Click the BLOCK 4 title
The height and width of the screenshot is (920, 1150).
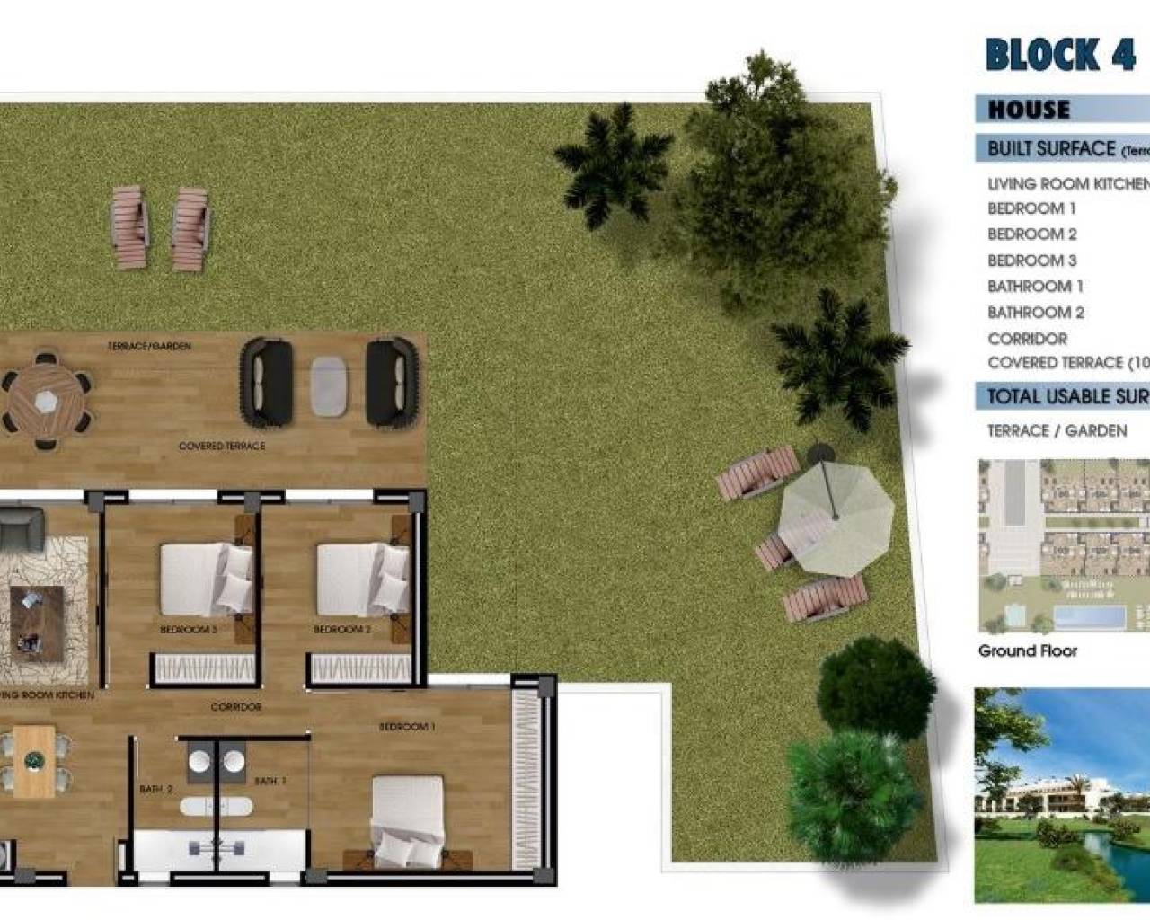(x=1060, y=54)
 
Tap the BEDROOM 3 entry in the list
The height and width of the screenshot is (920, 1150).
(x=1031, y=261)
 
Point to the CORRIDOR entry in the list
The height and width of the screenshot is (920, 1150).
(x=1027, y=339)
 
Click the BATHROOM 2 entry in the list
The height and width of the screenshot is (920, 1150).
(x=1035, y=313)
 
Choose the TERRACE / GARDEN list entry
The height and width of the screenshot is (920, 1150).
(x=1057, y=431)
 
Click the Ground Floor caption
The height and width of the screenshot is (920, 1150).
(x=1027, y=651)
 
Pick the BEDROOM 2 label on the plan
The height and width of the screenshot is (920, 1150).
(x=341, y=630)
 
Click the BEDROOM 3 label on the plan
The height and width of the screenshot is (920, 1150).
(x=189, y=630)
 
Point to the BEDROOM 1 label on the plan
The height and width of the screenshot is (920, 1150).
(x=406, y=726)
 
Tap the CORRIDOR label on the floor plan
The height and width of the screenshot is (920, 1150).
(x=236, y=707)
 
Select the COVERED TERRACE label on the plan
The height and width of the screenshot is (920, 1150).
(x=222, y=446)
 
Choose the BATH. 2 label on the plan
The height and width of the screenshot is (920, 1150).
(x=155, y=789)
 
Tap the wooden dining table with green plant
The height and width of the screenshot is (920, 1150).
(x=33, y=760)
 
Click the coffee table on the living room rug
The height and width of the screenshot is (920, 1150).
(x=37, y=617)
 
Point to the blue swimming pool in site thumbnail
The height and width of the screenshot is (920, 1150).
(x=1088, y=617)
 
